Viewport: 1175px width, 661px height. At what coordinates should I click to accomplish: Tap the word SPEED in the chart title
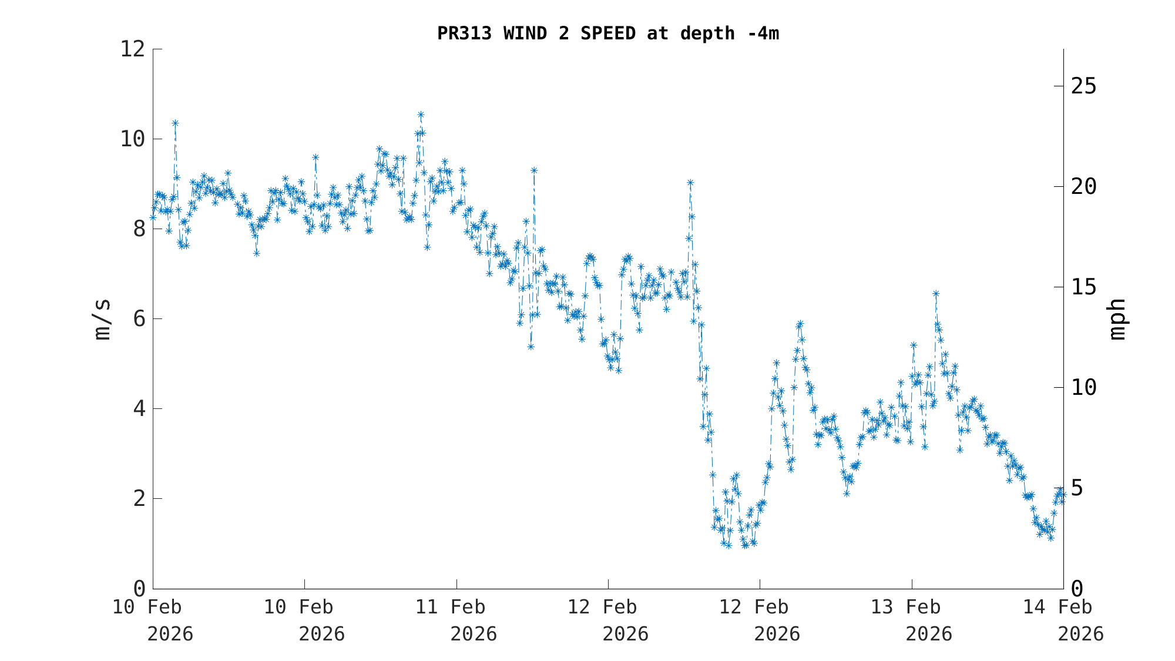607,33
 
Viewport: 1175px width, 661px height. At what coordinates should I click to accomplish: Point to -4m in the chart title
763,33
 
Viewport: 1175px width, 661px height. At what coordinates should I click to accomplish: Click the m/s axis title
102,319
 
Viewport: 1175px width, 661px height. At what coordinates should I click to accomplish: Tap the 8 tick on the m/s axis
139,229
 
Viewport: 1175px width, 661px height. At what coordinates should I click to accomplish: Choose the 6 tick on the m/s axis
139,319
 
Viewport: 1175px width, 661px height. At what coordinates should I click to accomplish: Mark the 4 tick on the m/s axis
139,409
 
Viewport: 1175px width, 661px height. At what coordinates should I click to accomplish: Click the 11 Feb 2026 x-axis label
457,620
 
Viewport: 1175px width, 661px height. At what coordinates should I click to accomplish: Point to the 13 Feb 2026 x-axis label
912,620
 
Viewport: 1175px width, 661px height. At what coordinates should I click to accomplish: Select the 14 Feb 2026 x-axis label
1063,620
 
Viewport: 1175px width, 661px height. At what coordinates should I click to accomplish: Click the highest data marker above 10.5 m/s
421,115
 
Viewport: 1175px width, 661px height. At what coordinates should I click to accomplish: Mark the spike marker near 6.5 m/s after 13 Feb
936,294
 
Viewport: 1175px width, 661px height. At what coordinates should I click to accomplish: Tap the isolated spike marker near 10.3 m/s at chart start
175,123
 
